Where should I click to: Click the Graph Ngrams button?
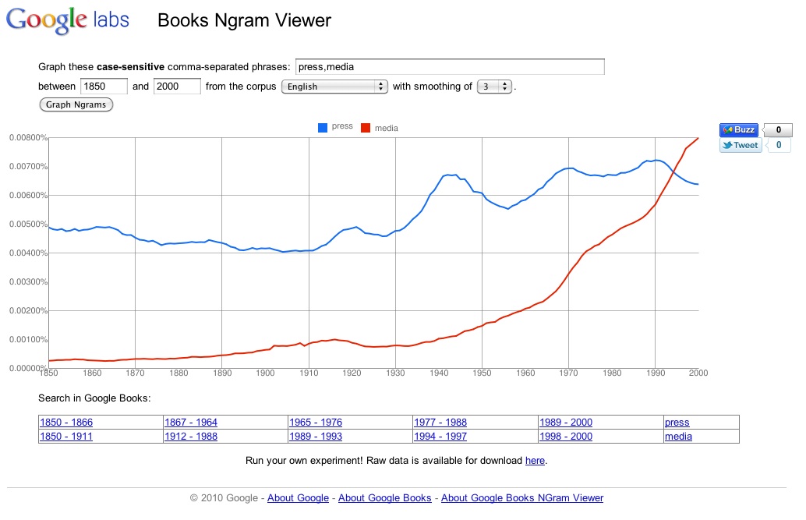pyautogui.click(x=76, y=104)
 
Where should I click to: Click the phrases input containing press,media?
pyautogui.click(x=450, y=67)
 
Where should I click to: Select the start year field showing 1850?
pyautogui.click(x=104, y=87)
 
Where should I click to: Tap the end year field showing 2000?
pyautogui.click(x=177, y=87)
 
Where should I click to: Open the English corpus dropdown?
pyautogui.click(x=334, y=87)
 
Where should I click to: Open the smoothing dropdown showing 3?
pyautogui.click(x=494, y=87)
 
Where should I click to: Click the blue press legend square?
pyautogui.click(x=322, y=127)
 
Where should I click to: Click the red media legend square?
pyautogui.click(x=366, y=127)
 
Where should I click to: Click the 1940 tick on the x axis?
pyautogui.click(x=439, y=373)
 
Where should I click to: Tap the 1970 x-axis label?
pyautogui.click(x=568, y=373)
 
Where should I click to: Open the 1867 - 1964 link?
pyautogui.click(x=191, y=423)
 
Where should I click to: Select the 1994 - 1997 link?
pyautogui.click(x=440, y=437)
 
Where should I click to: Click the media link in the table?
pyautogui.click(x=678, y=437)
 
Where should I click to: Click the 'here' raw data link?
pyautogui.click(x=535, y=461)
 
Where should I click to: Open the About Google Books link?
pyautogui.click(x=384, y=498)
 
